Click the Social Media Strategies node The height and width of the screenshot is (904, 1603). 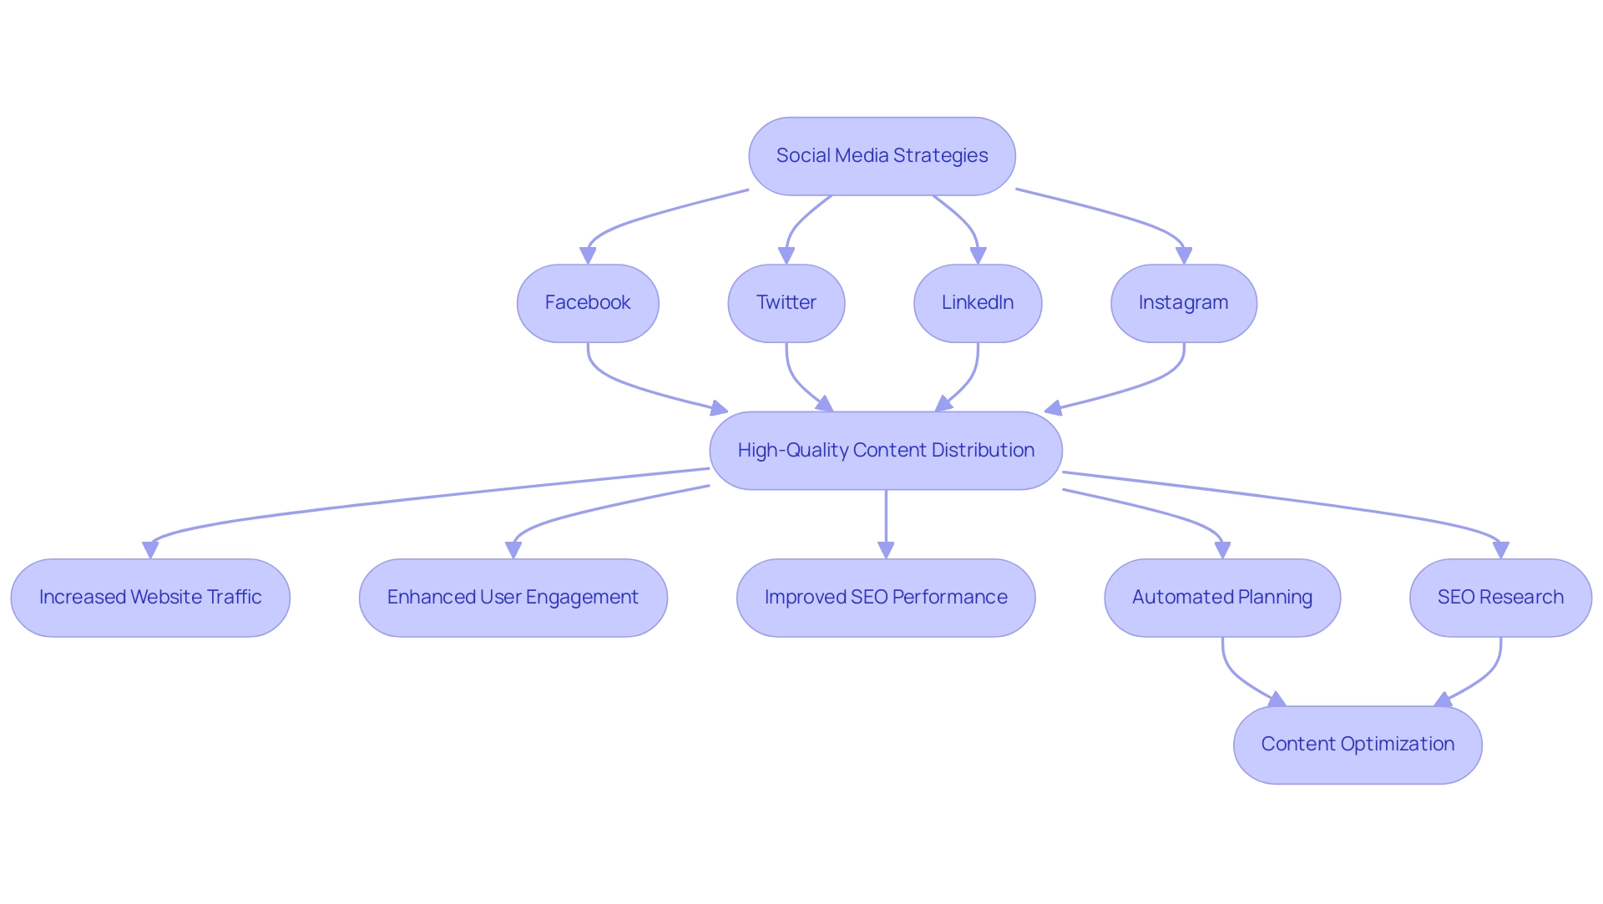pyautogui.click(x=882, y=156)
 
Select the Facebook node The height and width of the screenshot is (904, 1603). pyautogui.click(x=588, y=303)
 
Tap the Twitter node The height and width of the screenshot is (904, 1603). pyautogui.click(x=786, y=303)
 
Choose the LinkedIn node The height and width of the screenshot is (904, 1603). pyautogui.click(x=978, y=303)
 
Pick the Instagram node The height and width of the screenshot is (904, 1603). pyautogui.click(x=1183, y=303)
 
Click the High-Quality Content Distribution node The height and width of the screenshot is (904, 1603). pyautogui.click(x=886, y=451)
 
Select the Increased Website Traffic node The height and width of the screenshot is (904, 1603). pyautogui.click(x=150, y=598)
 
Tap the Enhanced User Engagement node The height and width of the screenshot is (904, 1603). pyautogui.click(x=513, y=598)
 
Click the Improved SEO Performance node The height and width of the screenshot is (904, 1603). pyautogui.click(x=886, y=598)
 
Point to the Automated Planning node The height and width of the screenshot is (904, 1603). pyautogui.click(x=1222, y=598)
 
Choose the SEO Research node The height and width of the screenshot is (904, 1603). pyautogui.click(x=1500, y=598)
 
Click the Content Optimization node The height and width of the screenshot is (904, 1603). pyautogui.click(x=1358, y=745)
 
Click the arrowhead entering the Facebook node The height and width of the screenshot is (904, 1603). pyautogui.click(x=588, y=255)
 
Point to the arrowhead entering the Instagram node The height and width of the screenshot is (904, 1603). pyautogui.click(x=1183, y=255)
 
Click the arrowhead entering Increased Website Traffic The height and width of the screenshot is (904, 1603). pyautogui.click(x=150, y=550)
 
